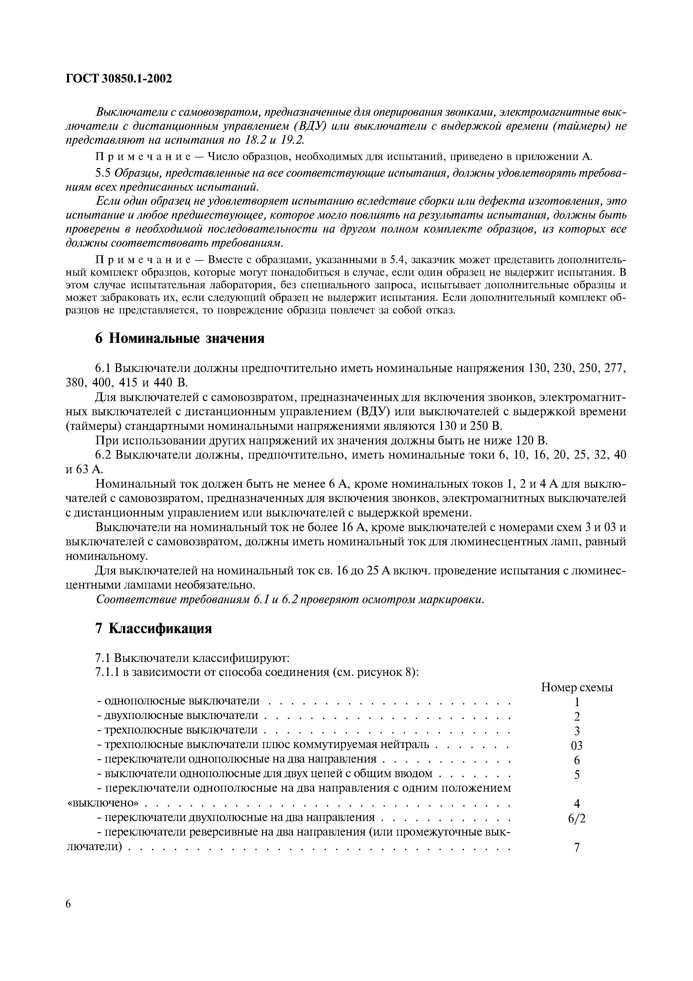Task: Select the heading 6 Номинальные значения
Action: point(179,338)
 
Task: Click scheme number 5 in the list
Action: point(577,775)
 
